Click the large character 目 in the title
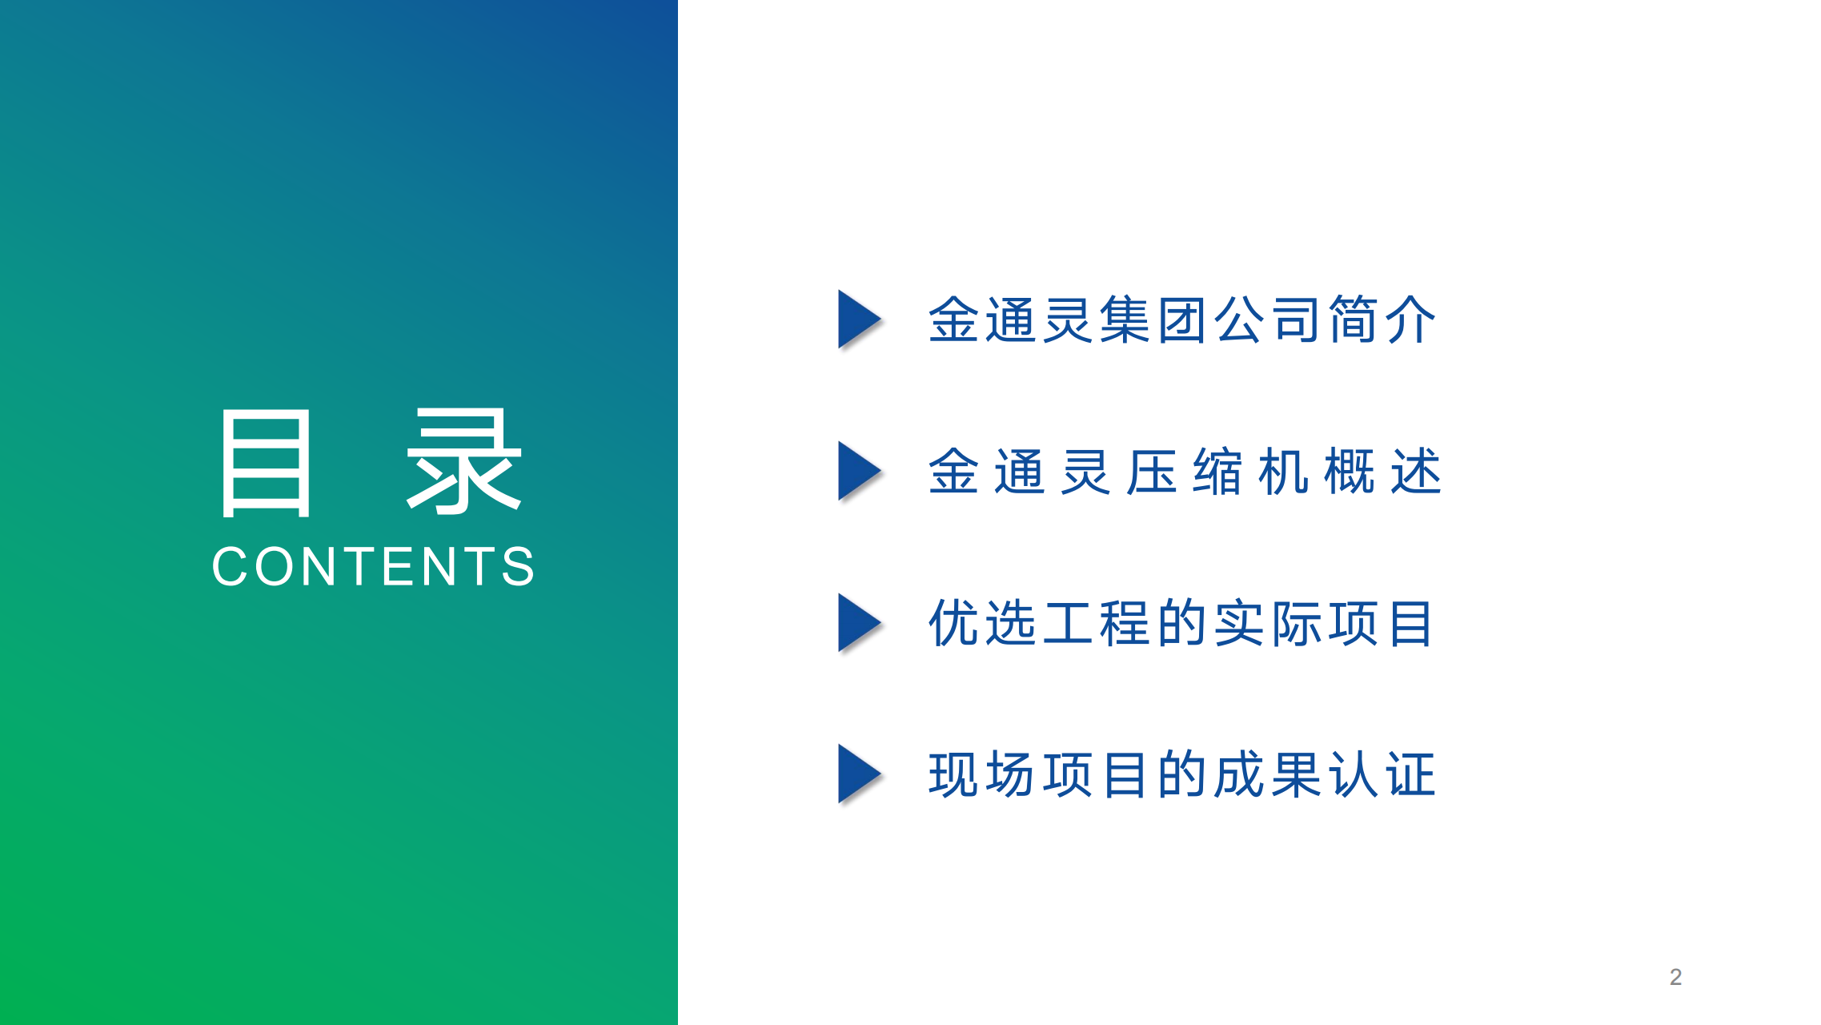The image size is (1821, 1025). (x=266, y=463)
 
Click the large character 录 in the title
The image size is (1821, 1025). (x=465, y=461)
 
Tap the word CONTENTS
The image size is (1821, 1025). (x=373, y=567)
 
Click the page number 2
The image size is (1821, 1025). (x=1675, y=977)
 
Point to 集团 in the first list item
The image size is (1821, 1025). (x=1153, y=320)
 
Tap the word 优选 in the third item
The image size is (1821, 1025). (x=982, y=623)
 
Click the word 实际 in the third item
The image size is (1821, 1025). (x=1268, y=623)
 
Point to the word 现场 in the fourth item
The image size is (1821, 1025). (x=982, y=774)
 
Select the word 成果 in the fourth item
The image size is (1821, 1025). (x=1268, y=774)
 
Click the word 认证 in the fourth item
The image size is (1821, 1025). (x=1382, y=774)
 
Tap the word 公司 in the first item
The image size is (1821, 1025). (x=1268, y=320)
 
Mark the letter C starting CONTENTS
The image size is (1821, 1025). (x=231, y=567)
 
